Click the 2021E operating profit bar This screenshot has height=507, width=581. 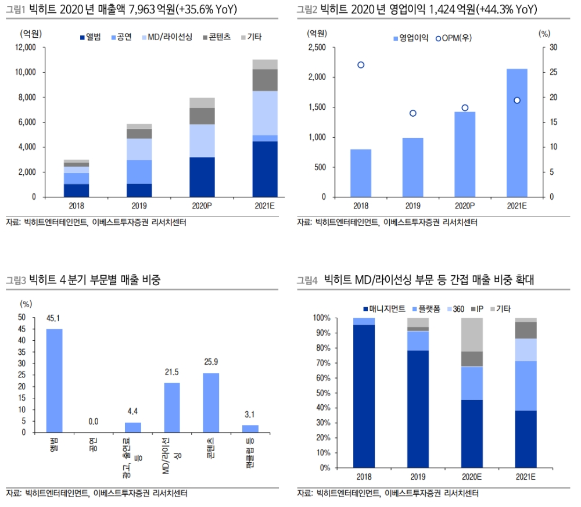517,133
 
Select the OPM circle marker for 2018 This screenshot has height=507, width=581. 361,65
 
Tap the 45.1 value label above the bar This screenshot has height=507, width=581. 54,318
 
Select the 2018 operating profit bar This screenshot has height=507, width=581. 361,173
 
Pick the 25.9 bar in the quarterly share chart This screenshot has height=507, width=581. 210,402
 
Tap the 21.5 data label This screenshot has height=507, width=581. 171,372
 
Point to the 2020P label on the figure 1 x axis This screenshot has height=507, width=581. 202,206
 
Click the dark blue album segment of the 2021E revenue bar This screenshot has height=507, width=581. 264,169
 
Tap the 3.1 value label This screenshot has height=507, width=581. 250,414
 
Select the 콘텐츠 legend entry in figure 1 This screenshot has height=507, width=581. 218,37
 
